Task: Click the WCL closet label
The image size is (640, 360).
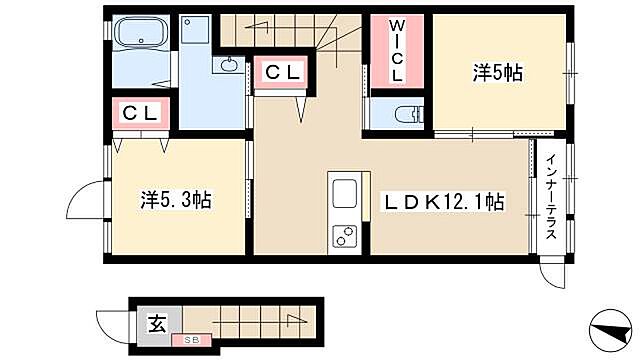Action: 397,49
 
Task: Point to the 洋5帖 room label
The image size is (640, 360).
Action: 498,72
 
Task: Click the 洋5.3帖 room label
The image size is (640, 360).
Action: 175,200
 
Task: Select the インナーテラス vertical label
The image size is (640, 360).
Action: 550,200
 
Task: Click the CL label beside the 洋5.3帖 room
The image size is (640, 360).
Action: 141,113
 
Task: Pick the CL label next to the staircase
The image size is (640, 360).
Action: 282,73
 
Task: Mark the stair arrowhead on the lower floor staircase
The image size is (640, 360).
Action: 298,320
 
